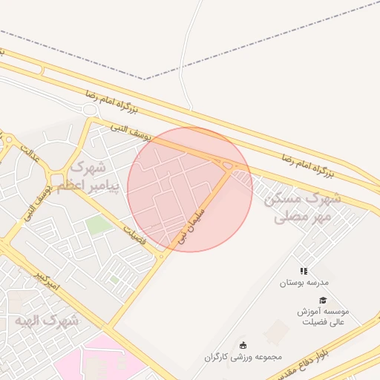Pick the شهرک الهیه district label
click(x=46, y=321)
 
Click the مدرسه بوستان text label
click(x=304, y=283)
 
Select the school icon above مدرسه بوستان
click(x=304, y=272)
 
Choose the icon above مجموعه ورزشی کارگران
click(x=243, y=345)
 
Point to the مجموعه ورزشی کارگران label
click(x=243, y=356)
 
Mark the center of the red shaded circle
click(x=190, y=189)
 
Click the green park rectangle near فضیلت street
click(x=97, y=224)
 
